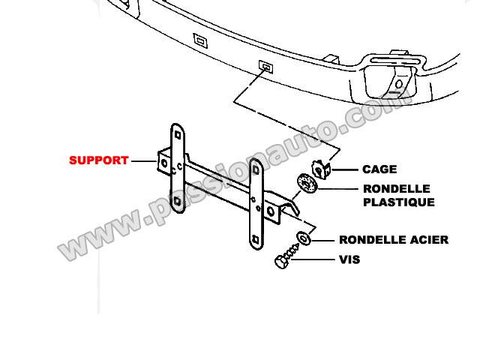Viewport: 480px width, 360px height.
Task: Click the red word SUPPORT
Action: coord(98,160)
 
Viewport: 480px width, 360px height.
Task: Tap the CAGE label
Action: coord(379,169)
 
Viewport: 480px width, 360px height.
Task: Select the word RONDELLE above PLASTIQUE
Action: coord(397,189)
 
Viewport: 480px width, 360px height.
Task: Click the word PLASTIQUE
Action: coord(399,202)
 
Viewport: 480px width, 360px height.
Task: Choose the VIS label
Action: coord(349,260)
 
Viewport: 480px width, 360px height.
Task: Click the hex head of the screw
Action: coord(281,262)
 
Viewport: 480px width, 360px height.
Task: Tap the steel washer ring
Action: coord(303,238)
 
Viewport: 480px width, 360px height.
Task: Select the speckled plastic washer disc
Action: coord(307,184)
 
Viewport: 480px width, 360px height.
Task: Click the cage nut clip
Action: coord(322,169)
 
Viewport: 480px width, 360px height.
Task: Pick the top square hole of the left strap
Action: coord(178,135)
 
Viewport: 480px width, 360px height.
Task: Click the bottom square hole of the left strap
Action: coord(177,201)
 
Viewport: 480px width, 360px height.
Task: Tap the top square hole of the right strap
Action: coord(256,170)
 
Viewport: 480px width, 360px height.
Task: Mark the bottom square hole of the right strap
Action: coord(255,239)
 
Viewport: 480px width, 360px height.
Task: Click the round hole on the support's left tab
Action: coord(164,163)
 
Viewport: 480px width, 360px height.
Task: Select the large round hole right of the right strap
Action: coord(271,211)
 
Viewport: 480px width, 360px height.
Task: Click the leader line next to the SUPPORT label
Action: coord(144,160)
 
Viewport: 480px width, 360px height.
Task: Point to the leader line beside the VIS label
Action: coord(312,260)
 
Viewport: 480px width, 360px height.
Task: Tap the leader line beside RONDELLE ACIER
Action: coord(323,241)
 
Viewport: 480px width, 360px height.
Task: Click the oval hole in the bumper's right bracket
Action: coord(399,84)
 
